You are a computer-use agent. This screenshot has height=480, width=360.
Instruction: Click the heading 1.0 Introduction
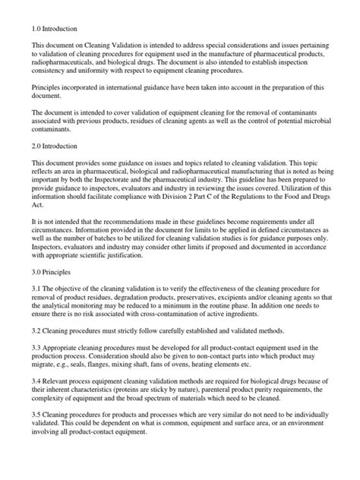click(x=55, y=29)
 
